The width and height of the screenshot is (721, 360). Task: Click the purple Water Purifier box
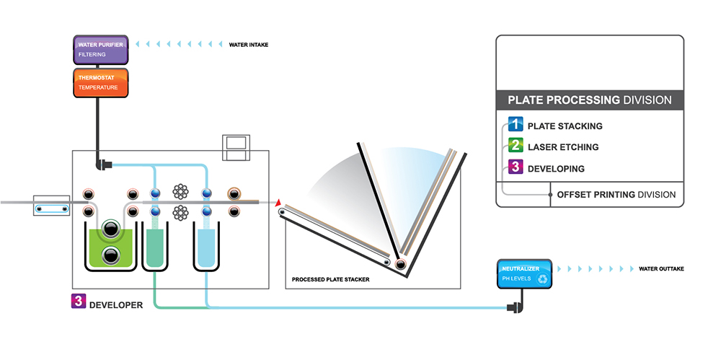(x=100, y=49)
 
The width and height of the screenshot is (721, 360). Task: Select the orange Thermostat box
(x=100, y=82)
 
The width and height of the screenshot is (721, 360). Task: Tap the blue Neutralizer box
(x=524, y=273)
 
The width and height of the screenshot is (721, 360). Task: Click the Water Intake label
(x=249, y=45)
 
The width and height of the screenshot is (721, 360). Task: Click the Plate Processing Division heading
(x=589, y=100)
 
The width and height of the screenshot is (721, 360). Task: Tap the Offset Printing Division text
(x=616, y=195)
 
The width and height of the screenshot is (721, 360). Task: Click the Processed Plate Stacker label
(x=330, y=279)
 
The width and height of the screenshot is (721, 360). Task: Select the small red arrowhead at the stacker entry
(x=278, y=205)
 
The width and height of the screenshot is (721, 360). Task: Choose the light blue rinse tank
(x=206, y=248)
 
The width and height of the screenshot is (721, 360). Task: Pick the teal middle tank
(x=155, y=248)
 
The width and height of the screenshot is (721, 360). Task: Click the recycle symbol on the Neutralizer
(x=542, y=278)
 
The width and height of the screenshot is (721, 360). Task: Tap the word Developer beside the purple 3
(x=115, y=305)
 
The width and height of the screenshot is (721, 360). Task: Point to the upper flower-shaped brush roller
(x=180, y=192)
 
